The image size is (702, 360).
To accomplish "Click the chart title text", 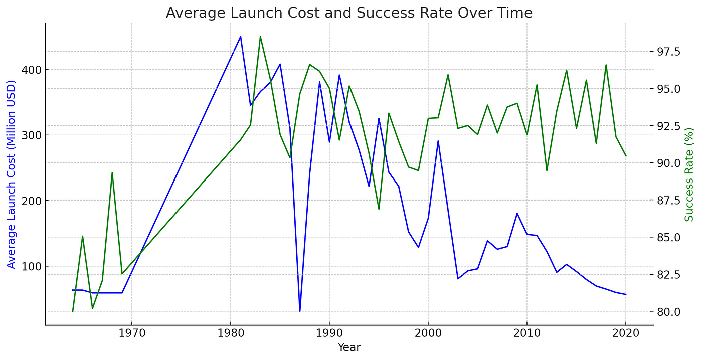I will click(x=349, y=13).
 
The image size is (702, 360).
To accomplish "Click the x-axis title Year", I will click(x=349, y=347).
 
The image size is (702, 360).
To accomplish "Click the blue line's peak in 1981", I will click(x=240, y=37).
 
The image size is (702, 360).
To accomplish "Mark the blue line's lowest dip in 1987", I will click(x=300, y=311).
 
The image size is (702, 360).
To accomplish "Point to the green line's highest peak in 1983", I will click(x=260, y=37).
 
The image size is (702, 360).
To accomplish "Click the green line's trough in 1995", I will click(x=379, y=209).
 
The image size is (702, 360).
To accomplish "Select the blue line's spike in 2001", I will click(x=438, y=141).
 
